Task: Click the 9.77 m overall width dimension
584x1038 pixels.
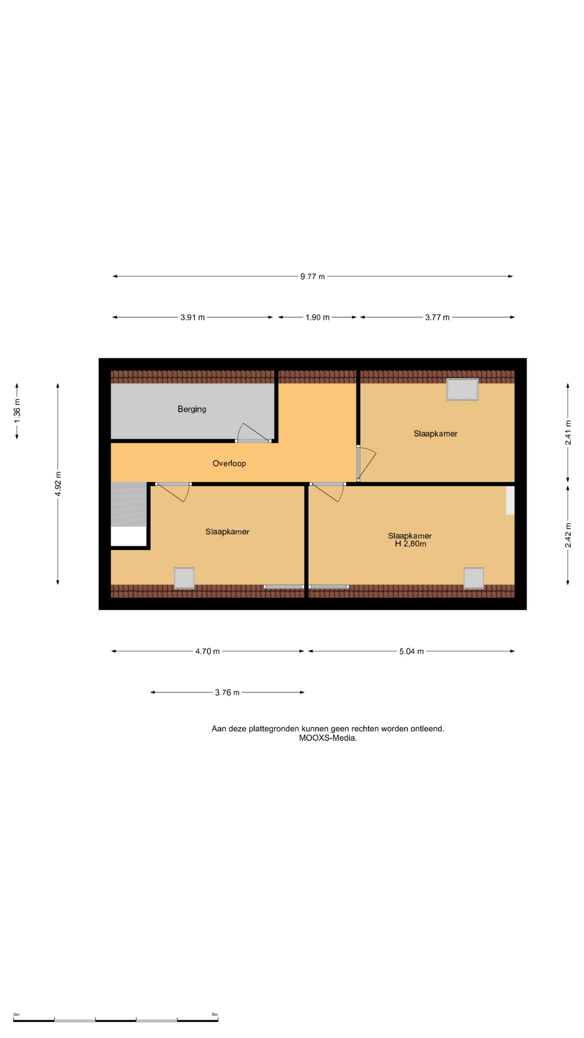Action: [x=313, y=276]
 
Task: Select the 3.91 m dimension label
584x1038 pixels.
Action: [x=193, y=317]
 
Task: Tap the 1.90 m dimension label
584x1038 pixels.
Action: [x=317, y=317]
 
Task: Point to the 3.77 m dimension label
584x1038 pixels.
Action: [x=437, y=317]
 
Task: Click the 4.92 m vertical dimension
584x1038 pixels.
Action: [x=58, y=484]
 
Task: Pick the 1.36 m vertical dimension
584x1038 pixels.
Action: [x=17, y=411]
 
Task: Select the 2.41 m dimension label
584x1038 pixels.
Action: [x=568, y=432]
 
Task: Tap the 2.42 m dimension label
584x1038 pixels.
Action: [x=568, y=535]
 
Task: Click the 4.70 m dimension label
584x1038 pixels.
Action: [x=208, y=651]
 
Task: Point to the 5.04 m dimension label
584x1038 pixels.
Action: [x=412, y=651]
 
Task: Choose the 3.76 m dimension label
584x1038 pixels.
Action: [x=227, y=693]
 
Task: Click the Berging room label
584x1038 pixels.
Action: [x=192, y=409]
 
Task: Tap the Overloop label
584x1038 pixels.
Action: [x=229, y=463]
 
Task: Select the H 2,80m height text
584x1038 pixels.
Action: [x=410, y=544]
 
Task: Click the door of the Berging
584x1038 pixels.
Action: [x=253, y=433]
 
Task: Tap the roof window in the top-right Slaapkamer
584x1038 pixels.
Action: [x=462, y=389]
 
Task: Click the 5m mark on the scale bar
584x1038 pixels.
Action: [x=215, y=1015]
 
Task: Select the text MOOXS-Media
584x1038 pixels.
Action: [x=328, y=738]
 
